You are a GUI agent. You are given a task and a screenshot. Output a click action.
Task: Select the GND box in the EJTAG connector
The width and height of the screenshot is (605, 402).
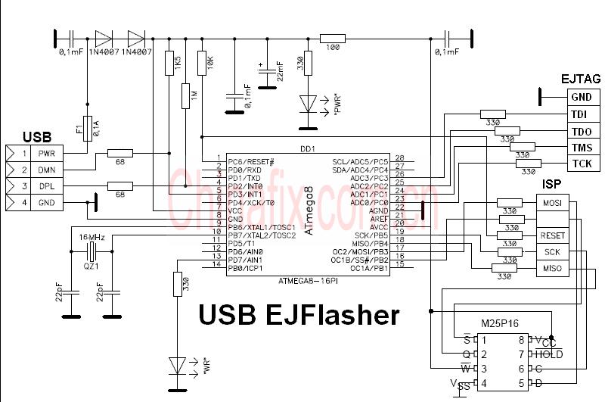tap(582, 97)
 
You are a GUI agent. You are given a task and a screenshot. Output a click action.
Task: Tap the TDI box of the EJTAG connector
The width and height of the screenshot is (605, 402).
tap(582, 114)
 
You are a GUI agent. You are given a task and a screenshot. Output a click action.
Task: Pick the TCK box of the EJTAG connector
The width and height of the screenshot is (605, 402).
tap(582, 164)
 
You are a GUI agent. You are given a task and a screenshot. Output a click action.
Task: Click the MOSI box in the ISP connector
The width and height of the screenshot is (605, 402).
tap(552, 202)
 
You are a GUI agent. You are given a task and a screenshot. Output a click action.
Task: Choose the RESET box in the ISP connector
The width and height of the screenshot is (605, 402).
tap(552, 235)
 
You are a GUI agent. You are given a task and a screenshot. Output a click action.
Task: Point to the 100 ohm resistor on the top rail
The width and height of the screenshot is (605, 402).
tap(332, 37)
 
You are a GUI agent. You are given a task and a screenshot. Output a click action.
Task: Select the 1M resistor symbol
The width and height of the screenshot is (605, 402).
tap(185, 96)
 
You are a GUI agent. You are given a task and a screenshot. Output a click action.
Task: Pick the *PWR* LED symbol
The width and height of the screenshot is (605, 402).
tap(307, 102)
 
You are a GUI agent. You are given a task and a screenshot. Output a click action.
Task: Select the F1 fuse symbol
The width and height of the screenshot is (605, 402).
tap(88, 128)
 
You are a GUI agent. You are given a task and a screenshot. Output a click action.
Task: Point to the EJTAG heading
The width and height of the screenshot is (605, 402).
tap(581, 79)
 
